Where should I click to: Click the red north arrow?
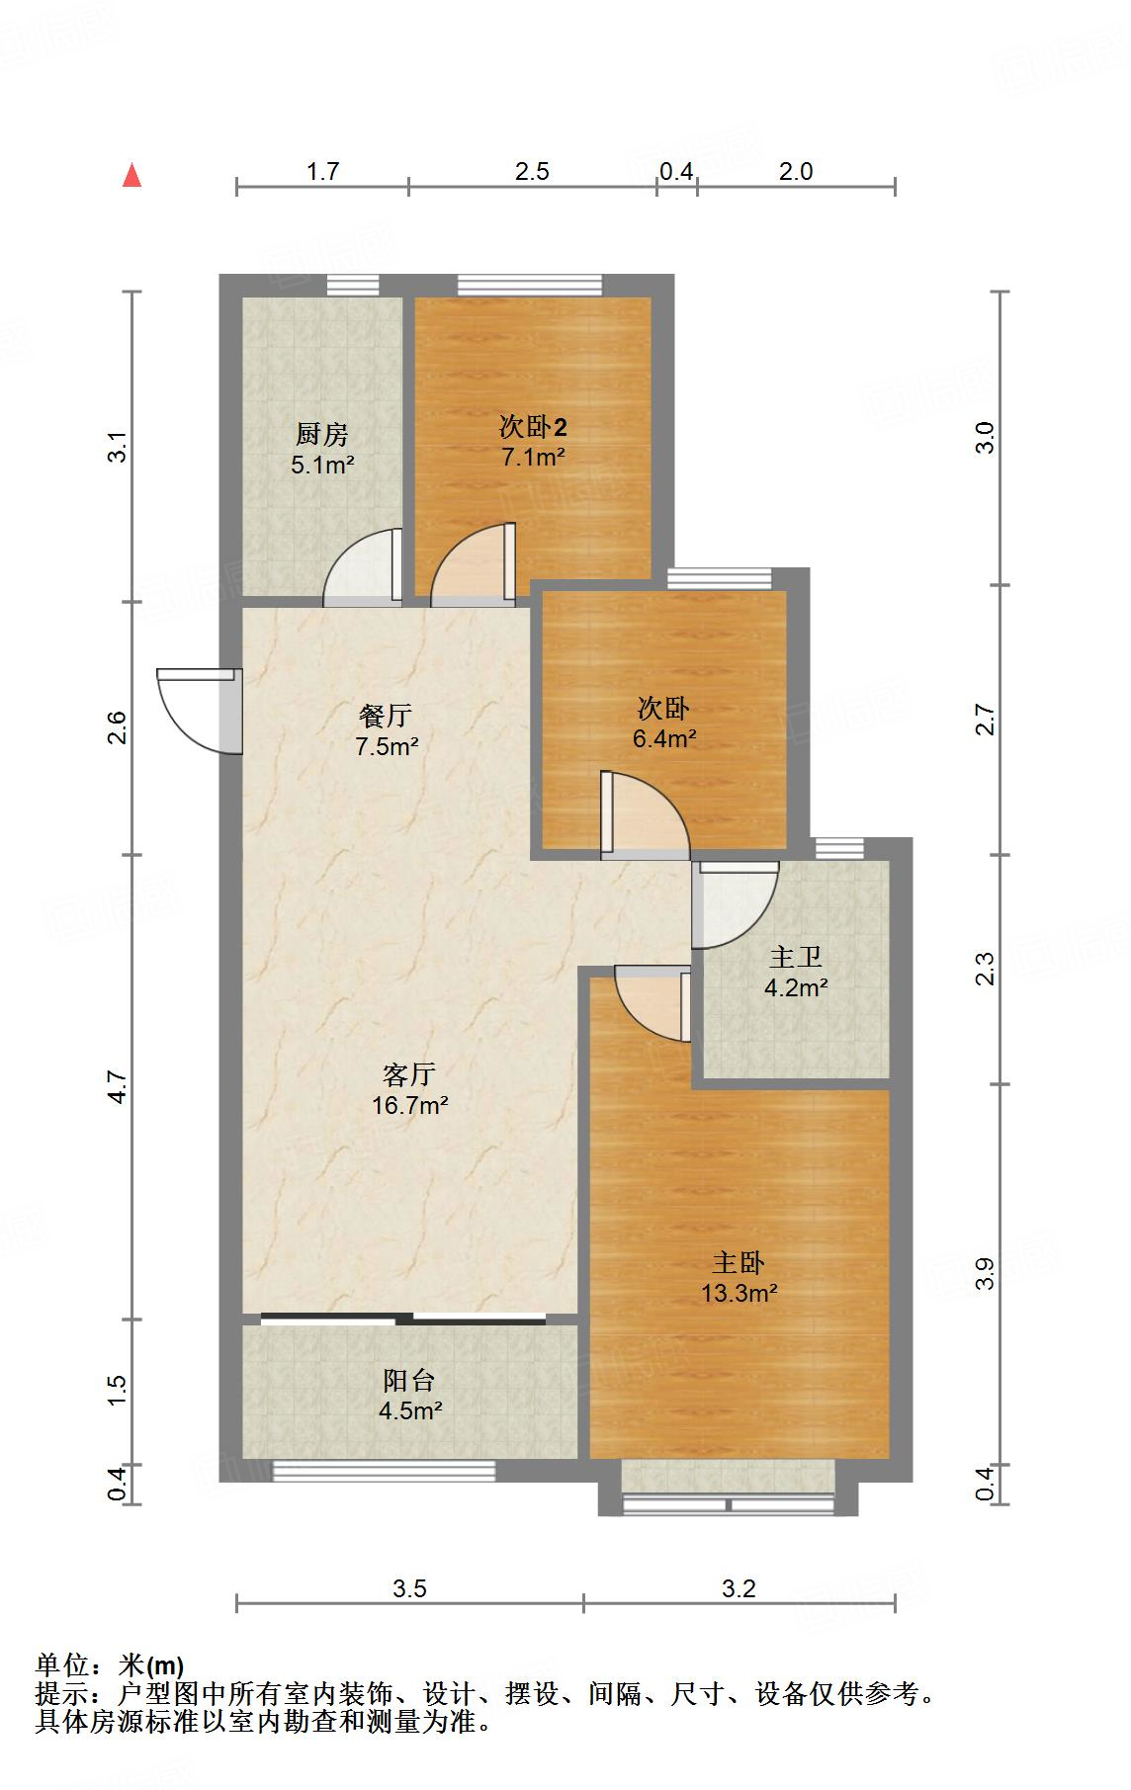tap(131, 176)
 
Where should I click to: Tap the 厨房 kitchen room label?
tap(322, 434)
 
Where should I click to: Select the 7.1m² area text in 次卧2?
tap(533, 457)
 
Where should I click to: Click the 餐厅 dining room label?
tap(386, 716)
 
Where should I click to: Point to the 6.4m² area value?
tap(664, 738)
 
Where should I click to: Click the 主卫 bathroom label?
tap(796, 958)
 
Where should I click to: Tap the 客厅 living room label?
tap(409, 1074)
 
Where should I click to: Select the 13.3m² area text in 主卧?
tap(739, 1293)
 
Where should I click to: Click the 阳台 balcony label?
tap(409, 1381)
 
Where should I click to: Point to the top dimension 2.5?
tap(532, 171)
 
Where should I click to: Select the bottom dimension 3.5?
tap(409, 1588)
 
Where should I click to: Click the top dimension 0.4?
tap(676, 171)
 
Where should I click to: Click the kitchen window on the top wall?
tap(353, 286)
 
